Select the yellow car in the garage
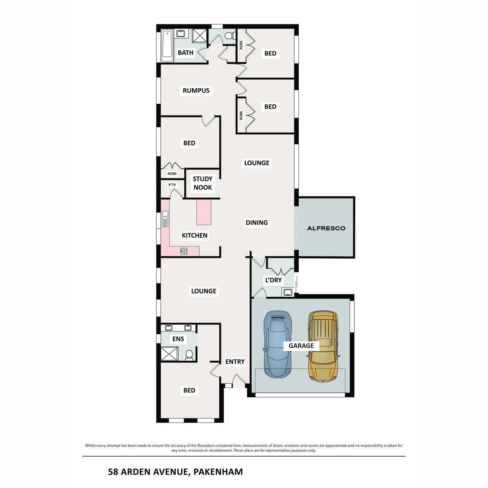[x=323, y=346]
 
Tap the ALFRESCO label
[x=326, y=228]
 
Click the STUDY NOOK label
[x=203, y=183]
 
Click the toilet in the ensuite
[x=189, y=355]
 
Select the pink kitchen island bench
[x=204, y=212]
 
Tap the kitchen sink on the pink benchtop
[x=165, y=219]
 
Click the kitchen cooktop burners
[x=184, y=251]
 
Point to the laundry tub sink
[x=288, y=292]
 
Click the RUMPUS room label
[x=196, y=91]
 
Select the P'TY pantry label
[x=172, y=185]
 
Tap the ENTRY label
[x=235, y=362]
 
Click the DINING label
[x=257, y=222]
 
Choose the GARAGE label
[x=301, y=346]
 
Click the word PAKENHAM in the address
[x=218, y=472]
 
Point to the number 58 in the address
[x=113, y=472]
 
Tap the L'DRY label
[x=273, y=280]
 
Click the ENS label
[x=178, y=339]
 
